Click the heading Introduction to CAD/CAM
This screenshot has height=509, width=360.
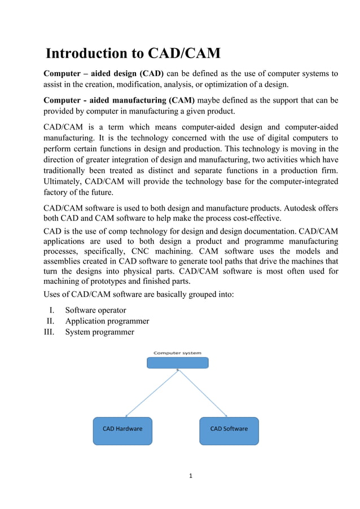coord(133,54)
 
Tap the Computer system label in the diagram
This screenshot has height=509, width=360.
coord(177,353)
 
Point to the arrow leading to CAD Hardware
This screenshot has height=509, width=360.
coord(151,393)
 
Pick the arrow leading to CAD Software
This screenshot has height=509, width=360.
coord(203,393)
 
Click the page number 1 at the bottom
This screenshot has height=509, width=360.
coord(191,476)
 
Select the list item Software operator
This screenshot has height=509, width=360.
coord(95,310)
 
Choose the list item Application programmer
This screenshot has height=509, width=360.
coord(107,321)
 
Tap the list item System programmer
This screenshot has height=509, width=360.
coord(99,332)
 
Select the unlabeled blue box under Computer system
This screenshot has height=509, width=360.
coord(177,363)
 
